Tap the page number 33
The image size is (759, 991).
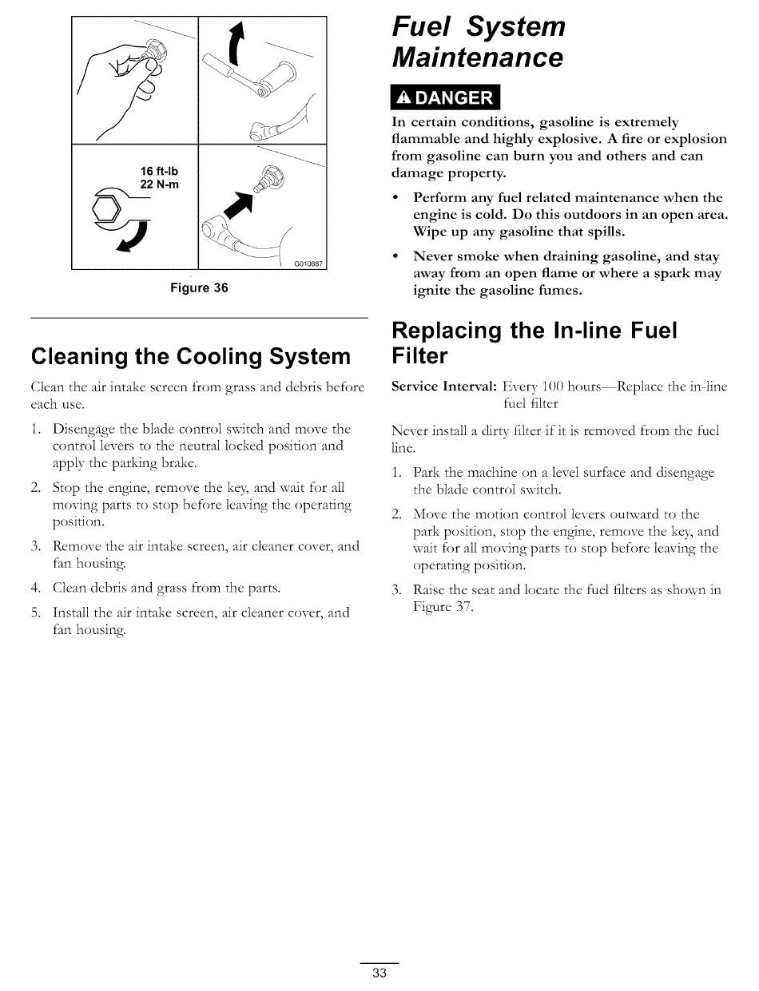coord(379,973)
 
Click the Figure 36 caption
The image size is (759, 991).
coord(199,288)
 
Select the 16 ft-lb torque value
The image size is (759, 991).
coord(160,171)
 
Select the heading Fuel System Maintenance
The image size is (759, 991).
coord(478,42)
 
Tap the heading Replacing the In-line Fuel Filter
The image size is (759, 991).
coord(534,343)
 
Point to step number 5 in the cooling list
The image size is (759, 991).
coord(35,613)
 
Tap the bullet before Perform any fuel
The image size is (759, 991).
coord(396,197)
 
